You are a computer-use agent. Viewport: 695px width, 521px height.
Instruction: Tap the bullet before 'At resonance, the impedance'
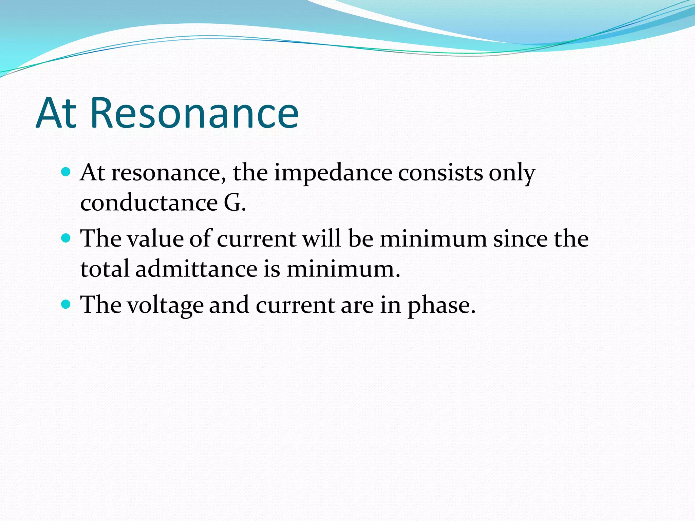click(x=66, y=172)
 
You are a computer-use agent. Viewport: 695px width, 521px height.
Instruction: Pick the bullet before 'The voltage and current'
click(x=66, y=304)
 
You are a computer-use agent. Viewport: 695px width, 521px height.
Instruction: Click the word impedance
click(x=333, y=173)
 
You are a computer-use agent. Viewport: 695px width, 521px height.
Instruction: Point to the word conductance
click(x=149, y=203)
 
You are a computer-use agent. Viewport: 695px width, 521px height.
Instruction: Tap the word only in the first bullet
click(x=512, y=174)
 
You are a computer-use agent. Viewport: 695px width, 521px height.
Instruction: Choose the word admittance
click(x=196, y=269)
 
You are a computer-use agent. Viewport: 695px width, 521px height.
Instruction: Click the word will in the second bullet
click(x=321, y=239)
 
